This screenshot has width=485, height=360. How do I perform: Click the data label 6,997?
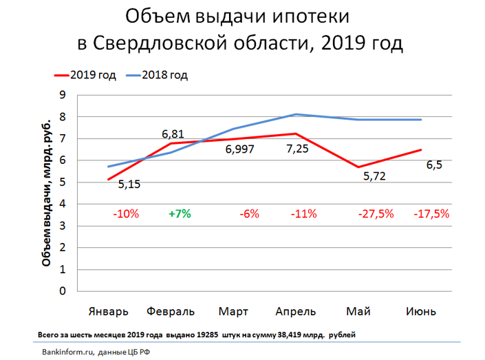tap(239, 149)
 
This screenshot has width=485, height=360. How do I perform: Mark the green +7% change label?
tap(180, 213)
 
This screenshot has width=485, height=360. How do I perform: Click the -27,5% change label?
tap(376, 213)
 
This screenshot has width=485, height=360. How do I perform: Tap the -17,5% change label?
tap(431, 213)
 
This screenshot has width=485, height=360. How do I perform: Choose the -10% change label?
tap(126, 213)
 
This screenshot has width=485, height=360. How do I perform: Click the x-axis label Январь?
tap(108, 311)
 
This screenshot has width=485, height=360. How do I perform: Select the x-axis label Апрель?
tap(296, 311)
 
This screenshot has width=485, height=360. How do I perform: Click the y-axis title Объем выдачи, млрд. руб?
tap(46, 193)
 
